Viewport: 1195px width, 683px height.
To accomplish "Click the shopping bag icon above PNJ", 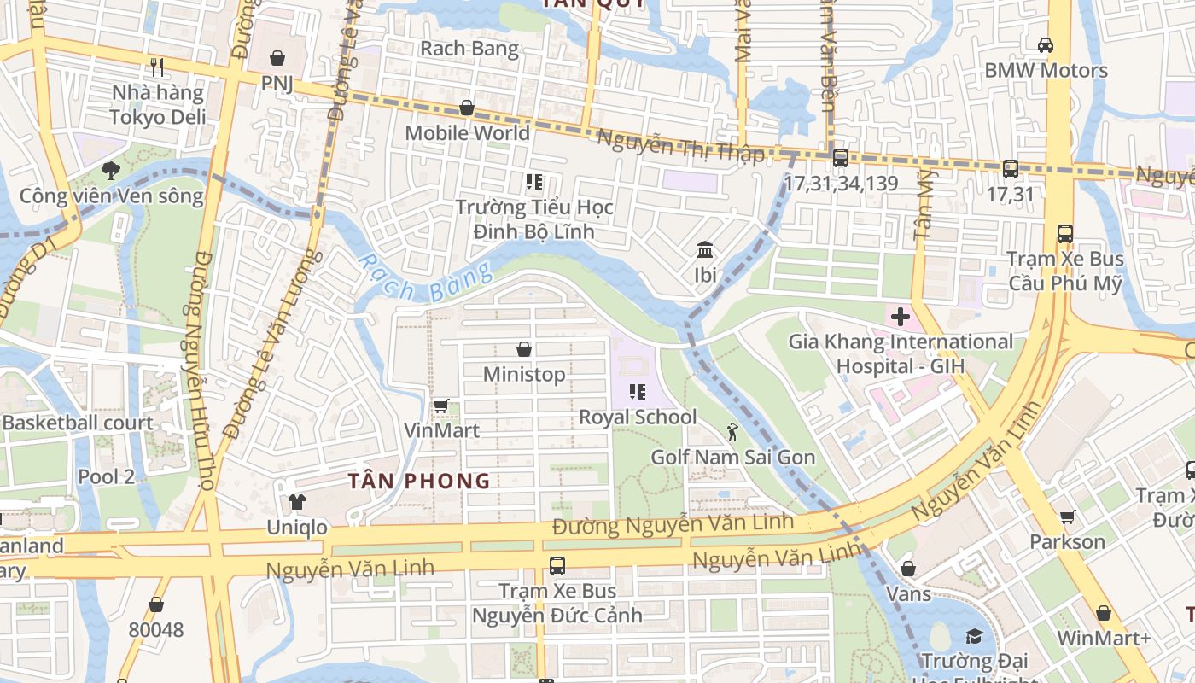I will [x=277, y=58].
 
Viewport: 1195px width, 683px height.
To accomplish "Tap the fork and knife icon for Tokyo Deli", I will [x=156, y=67].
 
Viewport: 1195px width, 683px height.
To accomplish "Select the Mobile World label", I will [x=467, y=133].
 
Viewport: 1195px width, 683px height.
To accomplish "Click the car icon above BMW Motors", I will [x=1046, y=44].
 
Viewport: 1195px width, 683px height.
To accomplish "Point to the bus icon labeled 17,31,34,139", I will [x=841, y=157].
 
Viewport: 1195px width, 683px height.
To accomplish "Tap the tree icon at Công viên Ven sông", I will [x=110, y=170].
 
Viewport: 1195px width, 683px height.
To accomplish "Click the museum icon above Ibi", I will [x=705, y=250].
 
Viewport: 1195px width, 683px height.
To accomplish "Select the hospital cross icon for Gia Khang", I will [x=900, y=317].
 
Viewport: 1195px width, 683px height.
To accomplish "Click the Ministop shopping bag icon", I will [x=524, y=349].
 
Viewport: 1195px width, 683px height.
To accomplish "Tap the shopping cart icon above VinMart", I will [x=440, y=406].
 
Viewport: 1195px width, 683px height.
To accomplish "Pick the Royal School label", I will [x=638, y=417].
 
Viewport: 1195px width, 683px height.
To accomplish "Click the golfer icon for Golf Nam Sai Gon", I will [x=732, y=431].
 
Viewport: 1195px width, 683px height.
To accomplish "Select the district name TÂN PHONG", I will [x=419, y=481].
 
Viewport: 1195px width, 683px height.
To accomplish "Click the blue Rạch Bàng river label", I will [x=424, y=279].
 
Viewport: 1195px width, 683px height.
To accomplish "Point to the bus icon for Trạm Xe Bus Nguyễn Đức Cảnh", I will [x=557, y=565].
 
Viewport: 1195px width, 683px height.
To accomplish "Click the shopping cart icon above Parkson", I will [x=1067, y=517].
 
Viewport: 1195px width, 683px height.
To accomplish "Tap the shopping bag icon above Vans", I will [x=908, y=568].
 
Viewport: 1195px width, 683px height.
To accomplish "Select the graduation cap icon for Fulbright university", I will [x=973, y=636].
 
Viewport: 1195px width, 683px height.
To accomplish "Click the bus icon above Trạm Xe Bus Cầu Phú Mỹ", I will [x=1065, y=233].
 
